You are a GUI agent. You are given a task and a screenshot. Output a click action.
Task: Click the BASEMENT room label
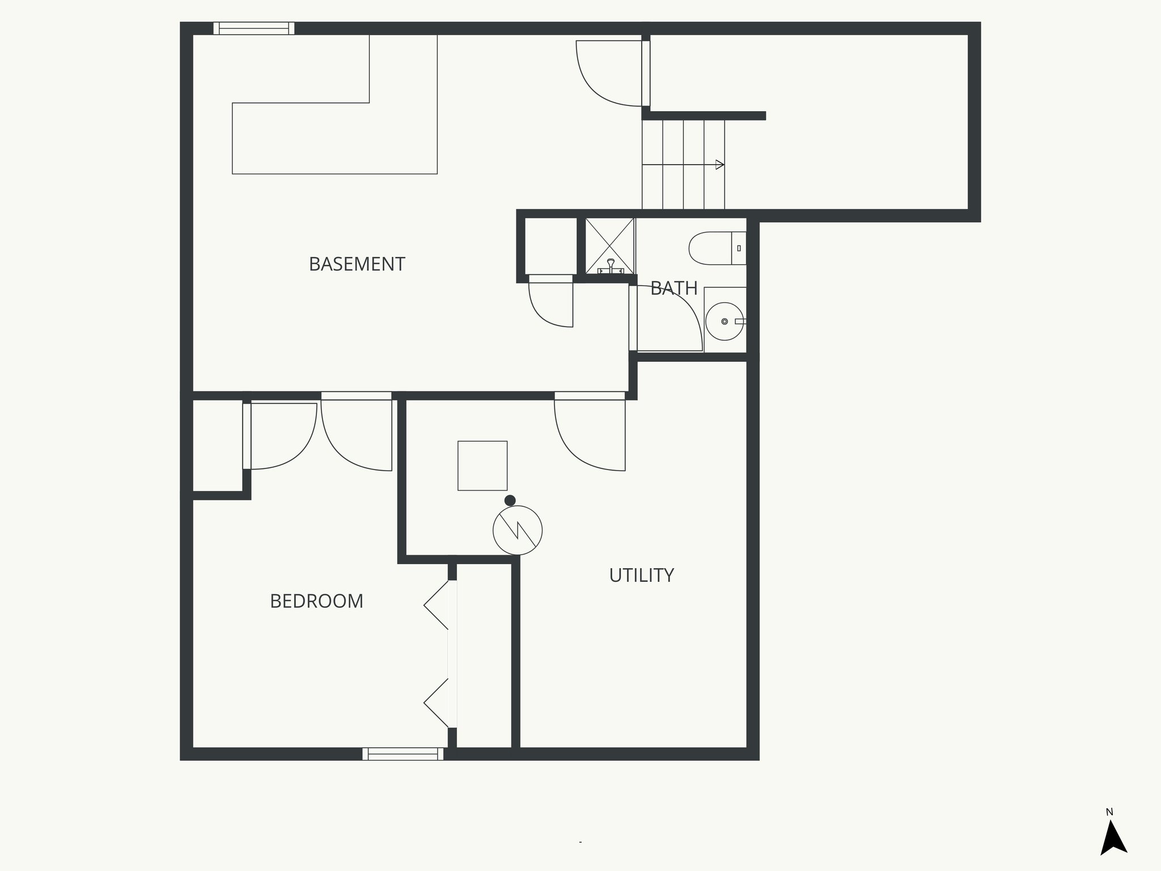pyautogui.click(x=357, y=264)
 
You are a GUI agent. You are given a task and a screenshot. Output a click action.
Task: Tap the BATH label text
pyautogui.click(x=673, y=288)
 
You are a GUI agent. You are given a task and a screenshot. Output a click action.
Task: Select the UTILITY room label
pyautogui.click(x=641, y=575)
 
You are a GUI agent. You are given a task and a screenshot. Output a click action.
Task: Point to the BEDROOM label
pyautogui.click(x=316, y=601)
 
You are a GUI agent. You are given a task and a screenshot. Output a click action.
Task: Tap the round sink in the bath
pyautogui.click(x=724, y=322)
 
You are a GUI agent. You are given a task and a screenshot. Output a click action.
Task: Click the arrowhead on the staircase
pyautogui.click(x=720, y=165)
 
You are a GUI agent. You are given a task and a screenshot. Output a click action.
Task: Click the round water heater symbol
pyautogui.click(x=518, y=530)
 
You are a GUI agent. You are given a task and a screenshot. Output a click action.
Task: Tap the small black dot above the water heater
pyautogui.click(x=510, y=500)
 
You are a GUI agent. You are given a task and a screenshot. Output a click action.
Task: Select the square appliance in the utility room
pyautogui.click(x=482, y=466)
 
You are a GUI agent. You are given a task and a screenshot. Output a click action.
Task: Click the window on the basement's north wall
pyautogui.click(x=254, y=28)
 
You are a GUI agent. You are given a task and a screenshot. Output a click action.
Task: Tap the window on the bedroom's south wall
pyautogui.click(x=403, y=754)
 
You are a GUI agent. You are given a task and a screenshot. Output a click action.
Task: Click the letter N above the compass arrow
pyautogui.click(x=1109, y=812)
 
